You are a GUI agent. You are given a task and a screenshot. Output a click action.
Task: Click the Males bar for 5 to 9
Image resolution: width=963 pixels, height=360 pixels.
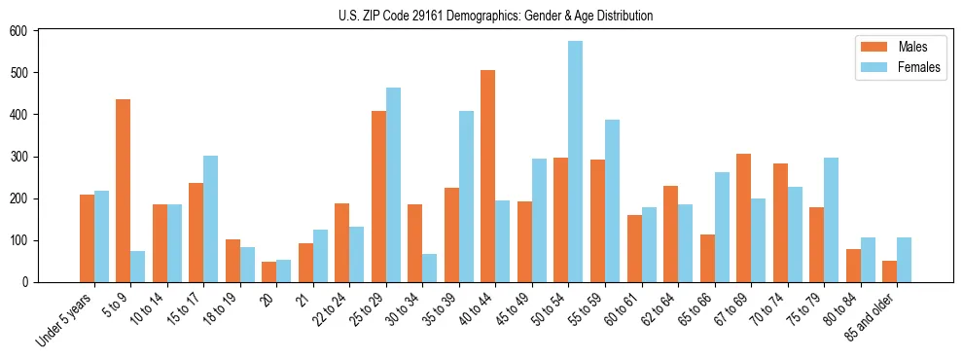(124, 191)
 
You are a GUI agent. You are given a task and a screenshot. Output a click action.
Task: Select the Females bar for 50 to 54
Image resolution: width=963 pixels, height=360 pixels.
(576, 162)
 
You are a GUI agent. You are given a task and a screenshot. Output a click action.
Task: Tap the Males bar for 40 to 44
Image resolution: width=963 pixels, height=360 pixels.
(488, 176)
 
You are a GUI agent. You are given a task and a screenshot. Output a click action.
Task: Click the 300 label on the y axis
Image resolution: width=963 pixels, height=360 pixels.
(21, 157)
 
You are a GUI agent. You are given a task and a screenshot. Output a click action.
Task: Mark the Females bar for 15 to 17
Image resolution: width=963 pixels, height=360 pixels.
(211, 219)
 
